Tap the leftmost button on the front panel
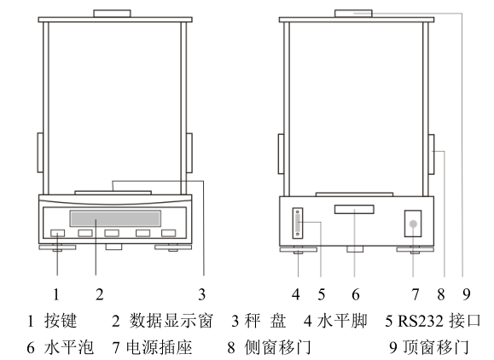[58, 234]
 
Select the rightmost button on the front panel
[168, 234]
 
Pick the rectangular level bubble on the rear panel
[354, 210]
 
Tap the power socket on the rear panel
[414, 224]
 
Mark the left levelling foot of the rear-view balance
[296, 250]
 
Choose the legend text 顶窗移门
[433, 348]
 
